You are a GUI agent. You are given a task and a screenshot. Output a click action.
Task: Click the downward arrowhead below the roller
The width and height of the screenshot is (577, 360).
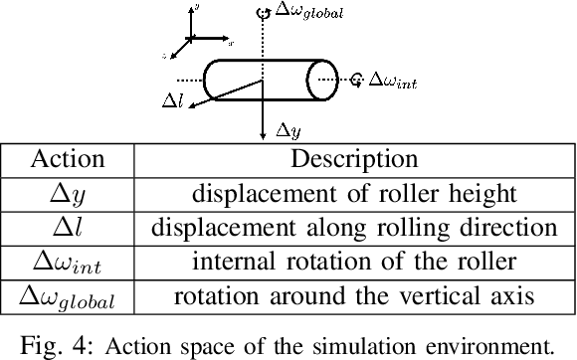click(261, 132)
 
